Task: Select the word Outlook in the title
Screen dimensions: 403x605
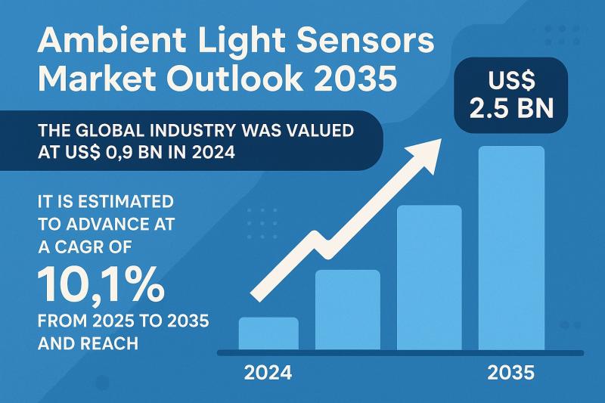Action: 249,79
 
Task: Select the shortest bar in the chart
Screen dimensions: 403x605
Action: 268,333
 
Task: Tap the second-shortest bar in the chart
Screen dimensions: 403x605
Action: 347,310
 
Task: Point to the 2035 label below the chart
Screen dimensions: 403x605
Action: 511,374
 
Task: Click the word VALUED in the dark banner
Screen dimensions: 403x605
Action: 315,129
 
